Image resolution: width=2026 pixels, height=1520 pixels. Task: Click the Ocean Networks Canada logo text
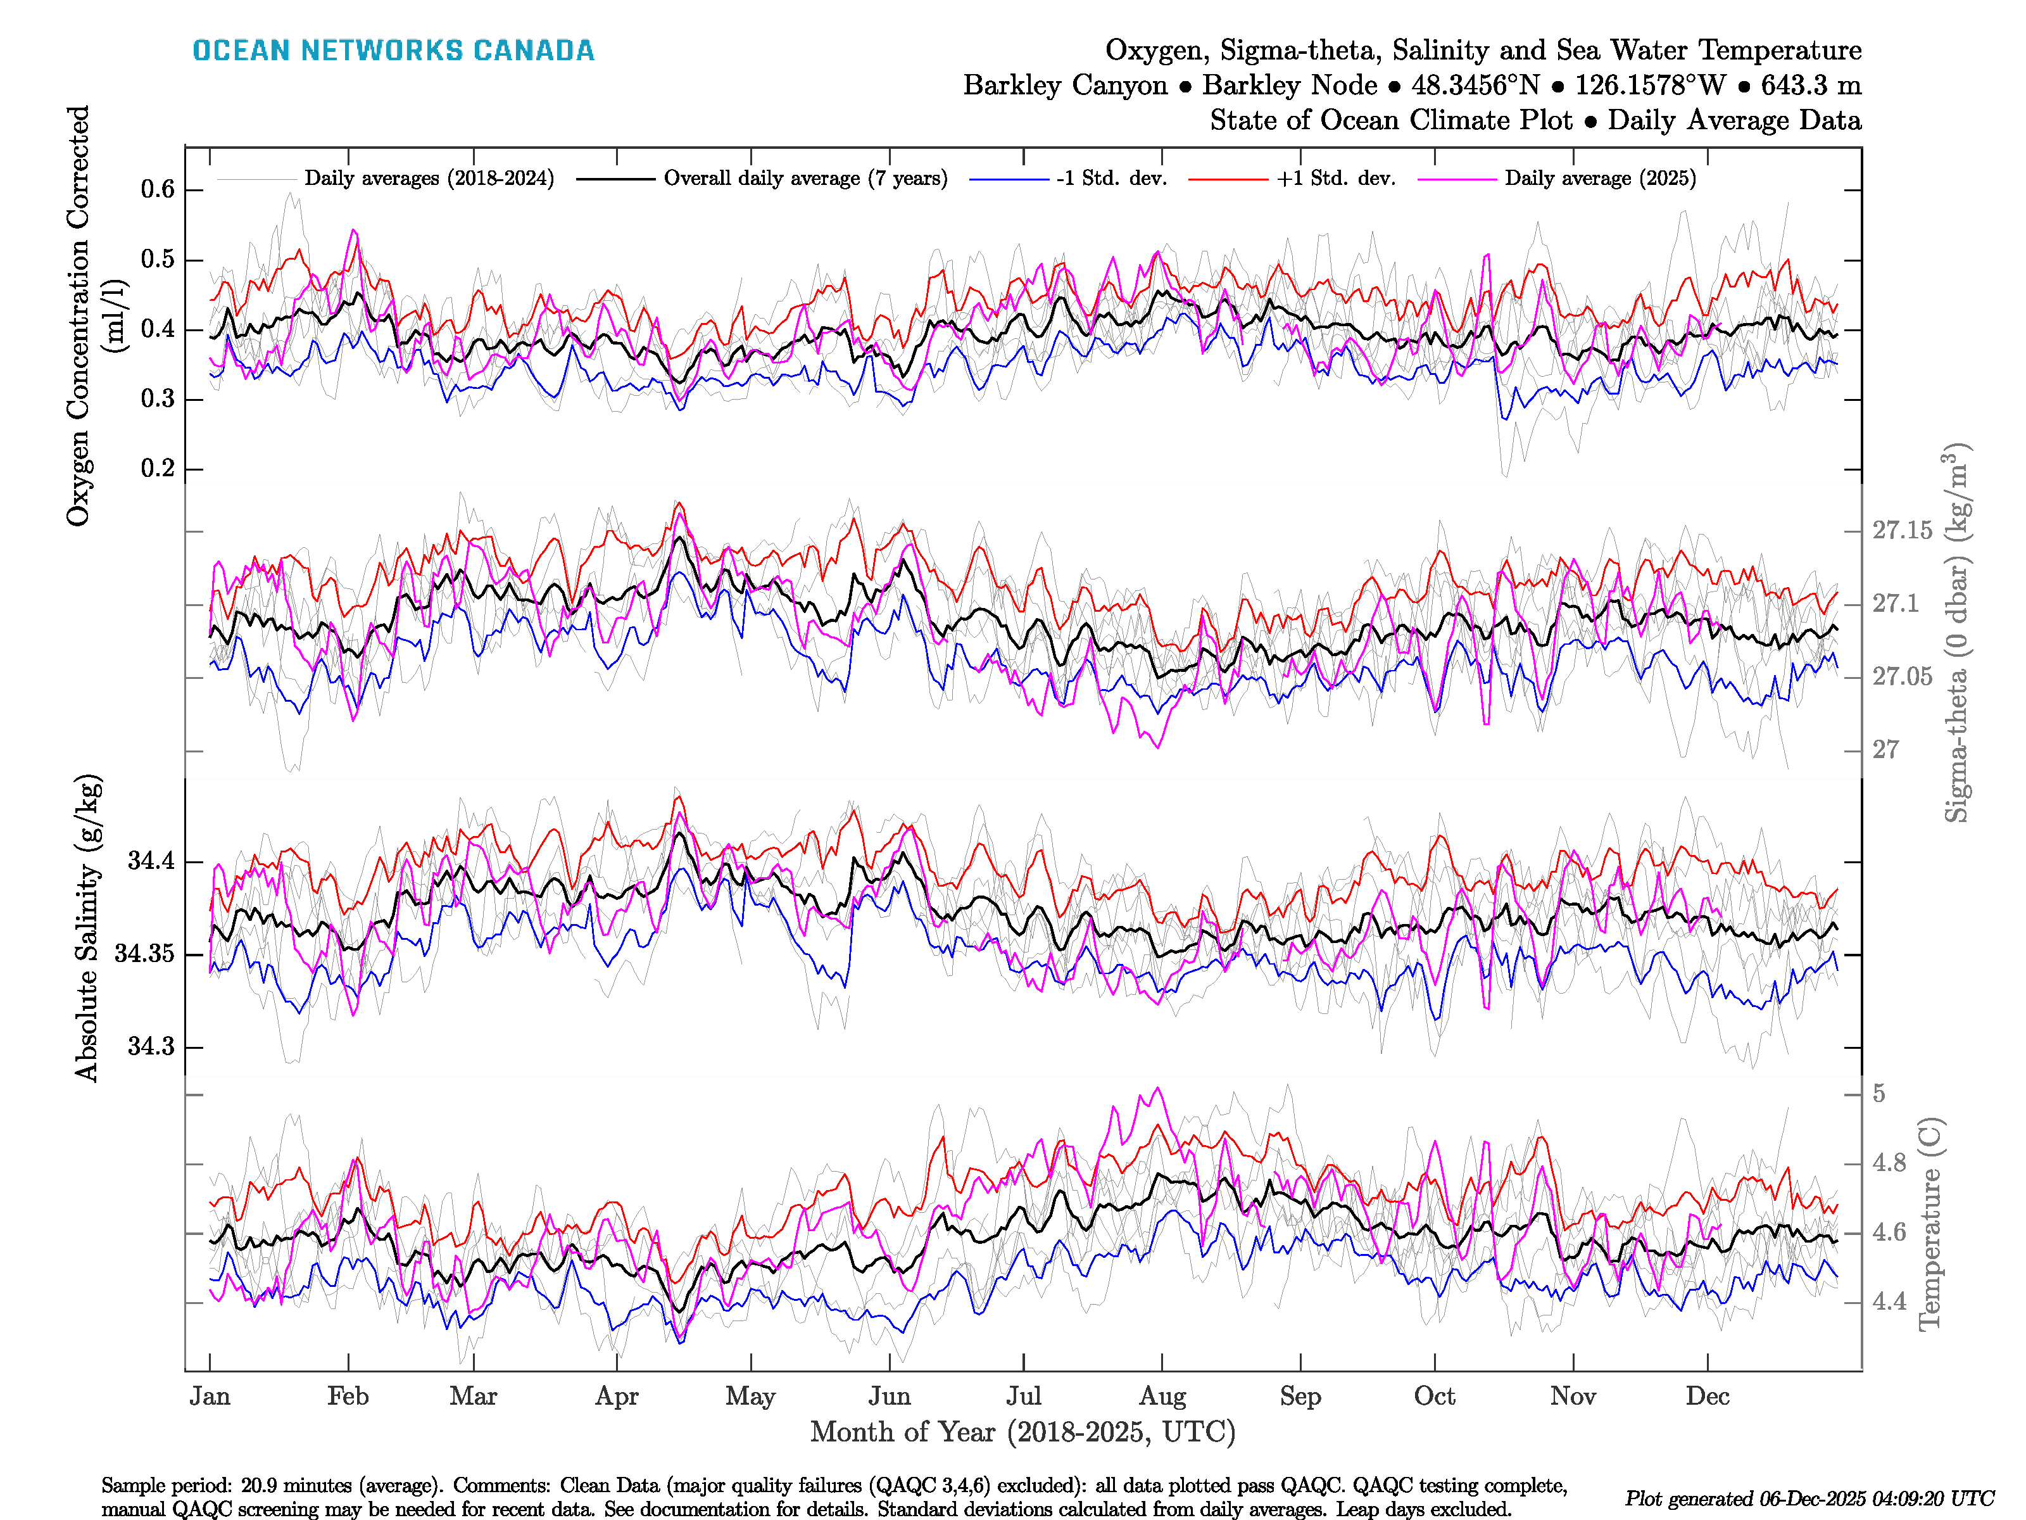[393, 51]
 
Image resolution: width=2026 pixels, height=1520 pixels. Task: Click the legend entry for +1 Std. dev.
[1335, 179]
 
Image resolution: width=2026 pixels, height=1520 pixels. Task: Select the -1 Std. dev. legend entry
[1111, 179]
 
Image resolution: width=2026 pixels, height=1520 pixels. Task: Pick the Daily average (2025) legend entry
[1599, 179]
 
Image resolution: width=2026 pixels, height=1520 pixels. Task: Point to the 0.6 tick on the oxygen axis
[158, 189]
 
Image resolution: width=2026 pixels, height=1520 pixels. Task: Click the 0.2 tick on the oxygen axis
[158, 469]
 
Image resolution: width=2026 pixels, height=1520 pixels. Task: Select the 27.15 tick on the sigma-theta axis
[1901, 531]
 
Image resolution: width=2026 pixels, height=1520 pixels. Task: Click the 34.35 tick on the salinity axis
[144, 954]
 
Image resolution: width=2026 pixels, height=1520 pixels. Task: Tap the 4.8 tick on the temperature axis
[1889, 1163]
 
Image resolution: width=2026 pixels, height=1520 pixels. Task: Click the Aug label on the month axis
[1162, 1396]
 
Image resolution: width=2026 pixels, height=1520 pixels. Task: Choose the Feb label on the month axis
[348, 1396]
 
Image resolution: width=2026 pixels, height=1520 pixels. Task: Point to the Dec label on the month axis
[1708, 1396]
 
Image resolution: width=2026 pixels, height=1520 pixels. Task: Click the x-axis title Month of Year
[1022, 1432]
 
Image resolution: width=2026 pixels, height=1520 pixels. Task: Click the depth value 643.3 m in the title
[1811, 85]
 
